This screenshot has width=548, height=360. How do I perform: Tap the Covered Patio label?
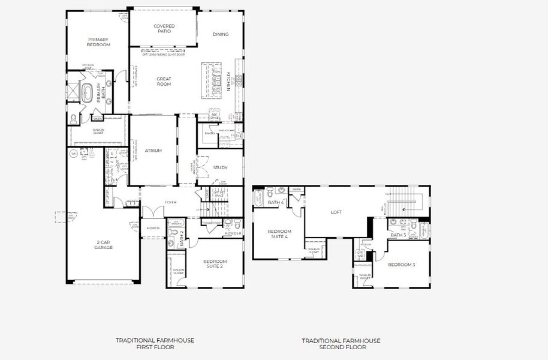(x=164, y=28)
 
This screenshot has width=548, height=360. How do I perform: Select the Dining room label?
(x=221, y=34)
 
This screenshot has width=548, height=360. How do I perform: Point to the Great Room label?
(x=164, y=82)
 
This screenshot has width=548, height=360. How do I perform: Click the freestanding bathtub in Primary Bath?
(x=88, y=94)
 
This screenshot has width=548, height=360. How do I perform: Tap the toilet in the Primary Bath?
(x=74, y=117)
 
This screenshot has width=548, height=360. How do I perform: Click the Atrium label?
(x=153, y=151)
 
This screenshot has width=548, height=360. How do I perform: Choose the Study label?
(x=220, y=167)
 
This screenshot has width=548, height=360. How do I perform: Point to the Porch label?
(x=153, y=229)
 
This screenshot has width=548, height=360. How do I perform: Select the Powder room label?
(x=233, y=233)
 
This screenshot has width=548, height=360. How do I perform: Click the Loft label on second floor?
(x=337, y=212)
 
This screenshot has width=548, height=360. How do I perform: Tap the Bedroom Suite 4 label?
(x=279, y=234)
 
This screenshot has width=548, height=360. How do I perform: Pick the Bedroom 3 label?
(x=401, y=265)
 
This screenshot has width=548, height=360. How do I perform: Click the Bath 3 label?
(x=398, y=235)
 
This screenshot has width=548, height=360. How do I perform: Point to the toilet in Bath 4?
(x=272, y=194)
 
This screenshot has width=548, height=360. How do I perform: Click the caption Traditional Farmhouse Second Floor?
(x=341, y=344)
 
